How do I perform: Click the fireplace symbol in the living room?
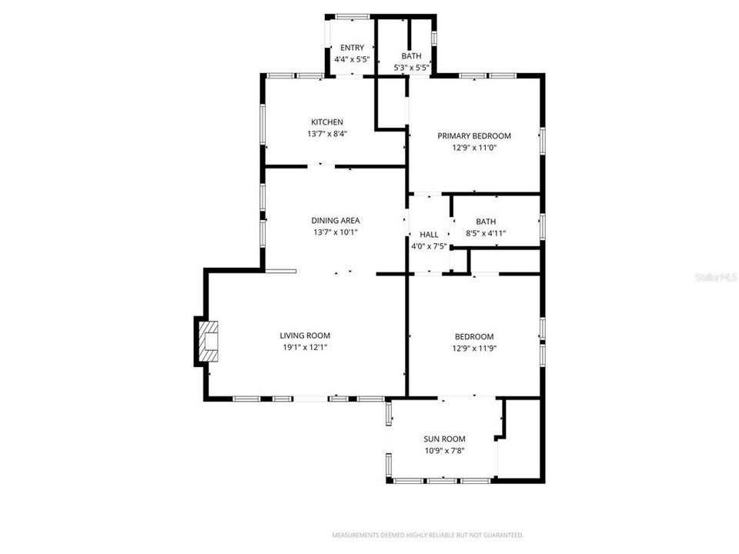point(209,342)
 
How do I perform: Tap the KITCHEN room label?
point(326,122)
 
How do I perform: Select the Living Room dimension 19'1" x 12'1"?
point(304,347)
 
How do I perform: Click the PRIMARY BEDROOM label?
point(474,136)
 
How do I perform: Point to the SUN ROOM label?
point(444,439)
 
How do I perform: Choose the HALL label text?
point(429,235)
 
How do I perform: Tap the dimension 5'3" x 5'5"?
point(411,68)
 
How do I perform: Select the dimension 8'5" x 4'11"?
point(486,233)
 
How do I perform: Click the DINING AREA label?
point(335,221)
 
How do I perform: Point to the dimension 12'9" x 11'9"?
point(474,348)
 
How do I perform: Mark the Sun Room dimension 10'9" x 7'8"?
point(444,451)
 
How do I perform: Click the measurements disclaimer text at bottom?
point(427,535)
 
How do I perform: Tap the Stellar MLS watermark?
point(716,275)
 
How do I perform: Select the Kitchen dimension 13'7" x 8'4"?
point(326,134)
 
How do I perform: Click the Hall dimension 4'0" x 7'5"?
point(429,246)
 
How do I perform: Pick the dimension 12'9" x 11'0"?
point(474,148)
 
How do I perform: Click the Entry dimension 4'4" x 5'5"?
point(352,59)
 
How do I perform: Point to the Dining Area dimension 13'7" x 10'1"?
point(335,232)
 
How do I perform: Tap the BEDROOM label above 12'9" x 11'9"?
point(474,336)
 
